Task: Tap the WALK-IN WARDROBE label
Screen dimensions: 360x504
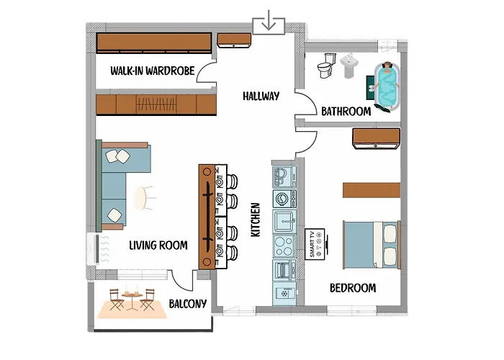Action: (x=150, y=71)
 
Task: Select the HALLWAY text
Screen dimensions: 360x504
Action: (x=261, y=96)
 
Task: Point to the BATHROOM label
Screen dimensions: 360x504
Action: (x=346, y=112)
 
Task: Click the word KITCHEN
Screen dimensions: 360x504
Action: (x=255, y=220)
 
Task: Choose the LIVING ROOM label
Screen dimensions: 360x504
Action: (x=158, y=246)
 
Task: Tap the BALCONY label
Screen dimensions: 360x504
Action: (x=188, y=304)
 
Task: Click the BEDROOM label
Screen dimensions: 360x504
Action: (x=353, y=288)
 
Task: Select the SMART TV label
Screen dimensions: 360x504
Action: (x=312, y=245)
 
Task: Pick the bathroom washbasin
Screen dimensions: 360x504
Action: (x=350, y=65)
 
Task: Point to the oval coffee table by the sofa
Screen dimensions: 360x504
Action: (x=144, y=198)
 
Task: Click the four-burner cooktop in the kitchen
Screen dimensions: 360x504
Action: (x=282, y=245)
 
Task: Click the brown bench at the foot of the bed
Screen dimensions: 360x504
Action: (x=371, y=190)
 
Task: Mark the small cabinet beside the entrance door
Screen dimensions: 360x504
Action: (x=233, y=39)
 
